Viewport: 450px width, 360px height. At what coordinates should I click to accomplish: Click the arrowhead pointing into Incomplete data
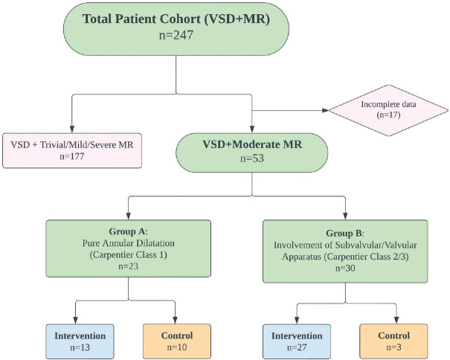pyautogui.click(x=327, y=111)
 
